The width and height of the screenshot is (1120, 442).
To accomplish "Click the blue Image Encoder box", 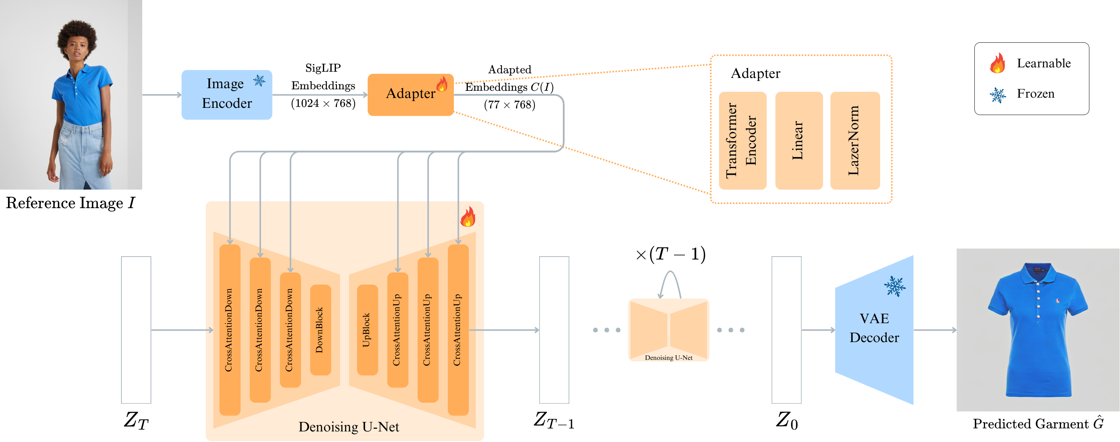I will [x=227, y=94].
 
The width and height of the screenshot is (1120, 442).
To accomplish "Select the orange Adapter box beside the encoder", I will [x=410, y=94].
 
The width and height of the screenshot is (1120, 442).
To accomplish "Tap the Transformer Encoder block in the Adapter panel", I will [x=742, y=140].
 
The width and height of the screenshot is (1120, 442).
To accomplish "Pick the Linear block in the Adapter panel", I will [x=799, y=140].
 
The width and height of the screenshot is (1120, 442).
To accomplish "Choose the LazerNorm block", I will [x=855, y=140].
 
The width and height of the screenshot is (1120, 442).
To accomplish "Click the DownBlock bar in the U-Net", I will [x=320, y=329].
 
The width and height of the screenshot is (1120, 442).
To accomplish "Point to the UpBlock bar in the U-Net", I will [x=367, y=329].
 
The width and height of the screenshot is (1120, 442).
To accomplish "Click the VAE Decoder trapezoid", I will [x=874, y=329].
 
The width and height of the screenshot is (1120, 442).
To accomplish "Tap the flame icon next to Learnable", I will [x=997, y=64].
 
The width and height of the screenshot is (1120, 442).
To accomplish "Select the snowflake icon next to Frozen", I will [x=997, y=94].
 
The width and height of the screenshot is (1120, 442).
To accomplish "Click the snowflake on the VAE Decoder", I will [x=894, y=286].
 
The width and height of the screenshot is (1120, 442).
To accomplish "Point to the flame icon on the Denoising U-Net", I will [x=468, y=217].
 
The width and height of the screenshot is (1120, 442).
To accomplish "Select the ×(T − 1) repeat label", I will [x=670, y=254].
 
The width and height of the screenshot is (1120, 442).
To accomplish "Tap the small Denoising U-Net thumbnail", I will [x=669, y=330].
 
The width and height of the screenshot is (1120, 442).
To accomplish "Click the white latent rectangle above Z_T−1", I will [x=554, y=329].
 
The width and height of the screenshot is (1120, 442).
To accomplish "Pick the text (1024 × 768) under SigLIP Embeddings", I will [x=323, y=104].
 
